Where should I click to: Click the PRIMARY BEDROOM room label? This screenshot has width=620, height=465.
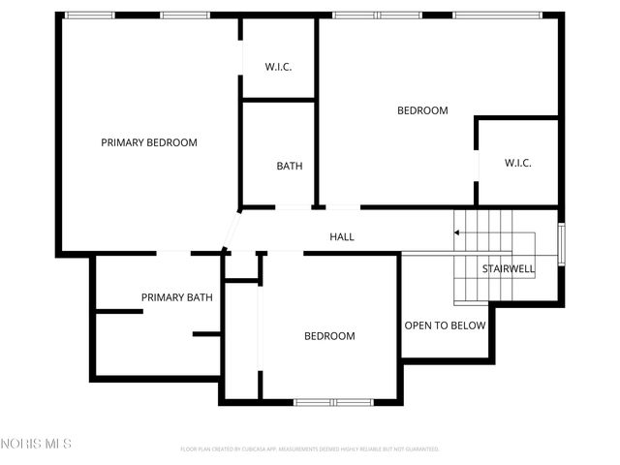(149, 142)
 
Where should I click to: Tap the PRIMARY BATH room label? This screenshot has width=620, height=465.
(177, 297)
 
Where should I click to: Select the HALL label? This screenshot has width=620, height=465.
(342, 236)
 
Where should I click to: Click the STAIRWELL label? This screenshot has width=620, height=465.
(509, 268)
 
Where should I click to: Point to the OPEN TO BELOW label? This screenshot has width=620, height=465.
(445, 325)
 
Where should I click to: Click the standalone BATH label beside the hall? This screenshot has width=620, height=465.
(290, 166)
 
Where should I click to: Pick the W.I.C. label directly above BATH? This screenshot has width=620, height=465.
(279, 67)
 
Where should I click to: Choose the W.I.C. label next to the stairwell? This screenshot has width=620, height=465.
(517, 163)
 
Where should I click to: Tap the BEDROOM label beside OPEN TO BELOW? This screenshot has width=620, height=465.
(329, 336)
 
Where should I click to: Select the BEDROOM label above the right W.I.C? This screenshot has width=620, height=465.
(422, 110)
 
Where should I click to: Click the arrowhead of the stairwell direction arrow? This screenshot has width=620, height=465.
(456, 232)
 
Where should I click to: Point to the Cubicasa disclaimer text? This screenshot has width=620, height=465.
(310, 449)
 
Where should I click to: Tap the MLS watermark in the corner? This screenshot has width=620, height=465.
(36, 444)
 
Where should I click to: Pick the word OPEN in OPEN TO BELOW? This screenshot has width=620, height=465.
(418, 325)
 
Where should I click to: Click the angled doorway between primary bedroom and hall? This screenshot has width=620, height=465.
(232, 230)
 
